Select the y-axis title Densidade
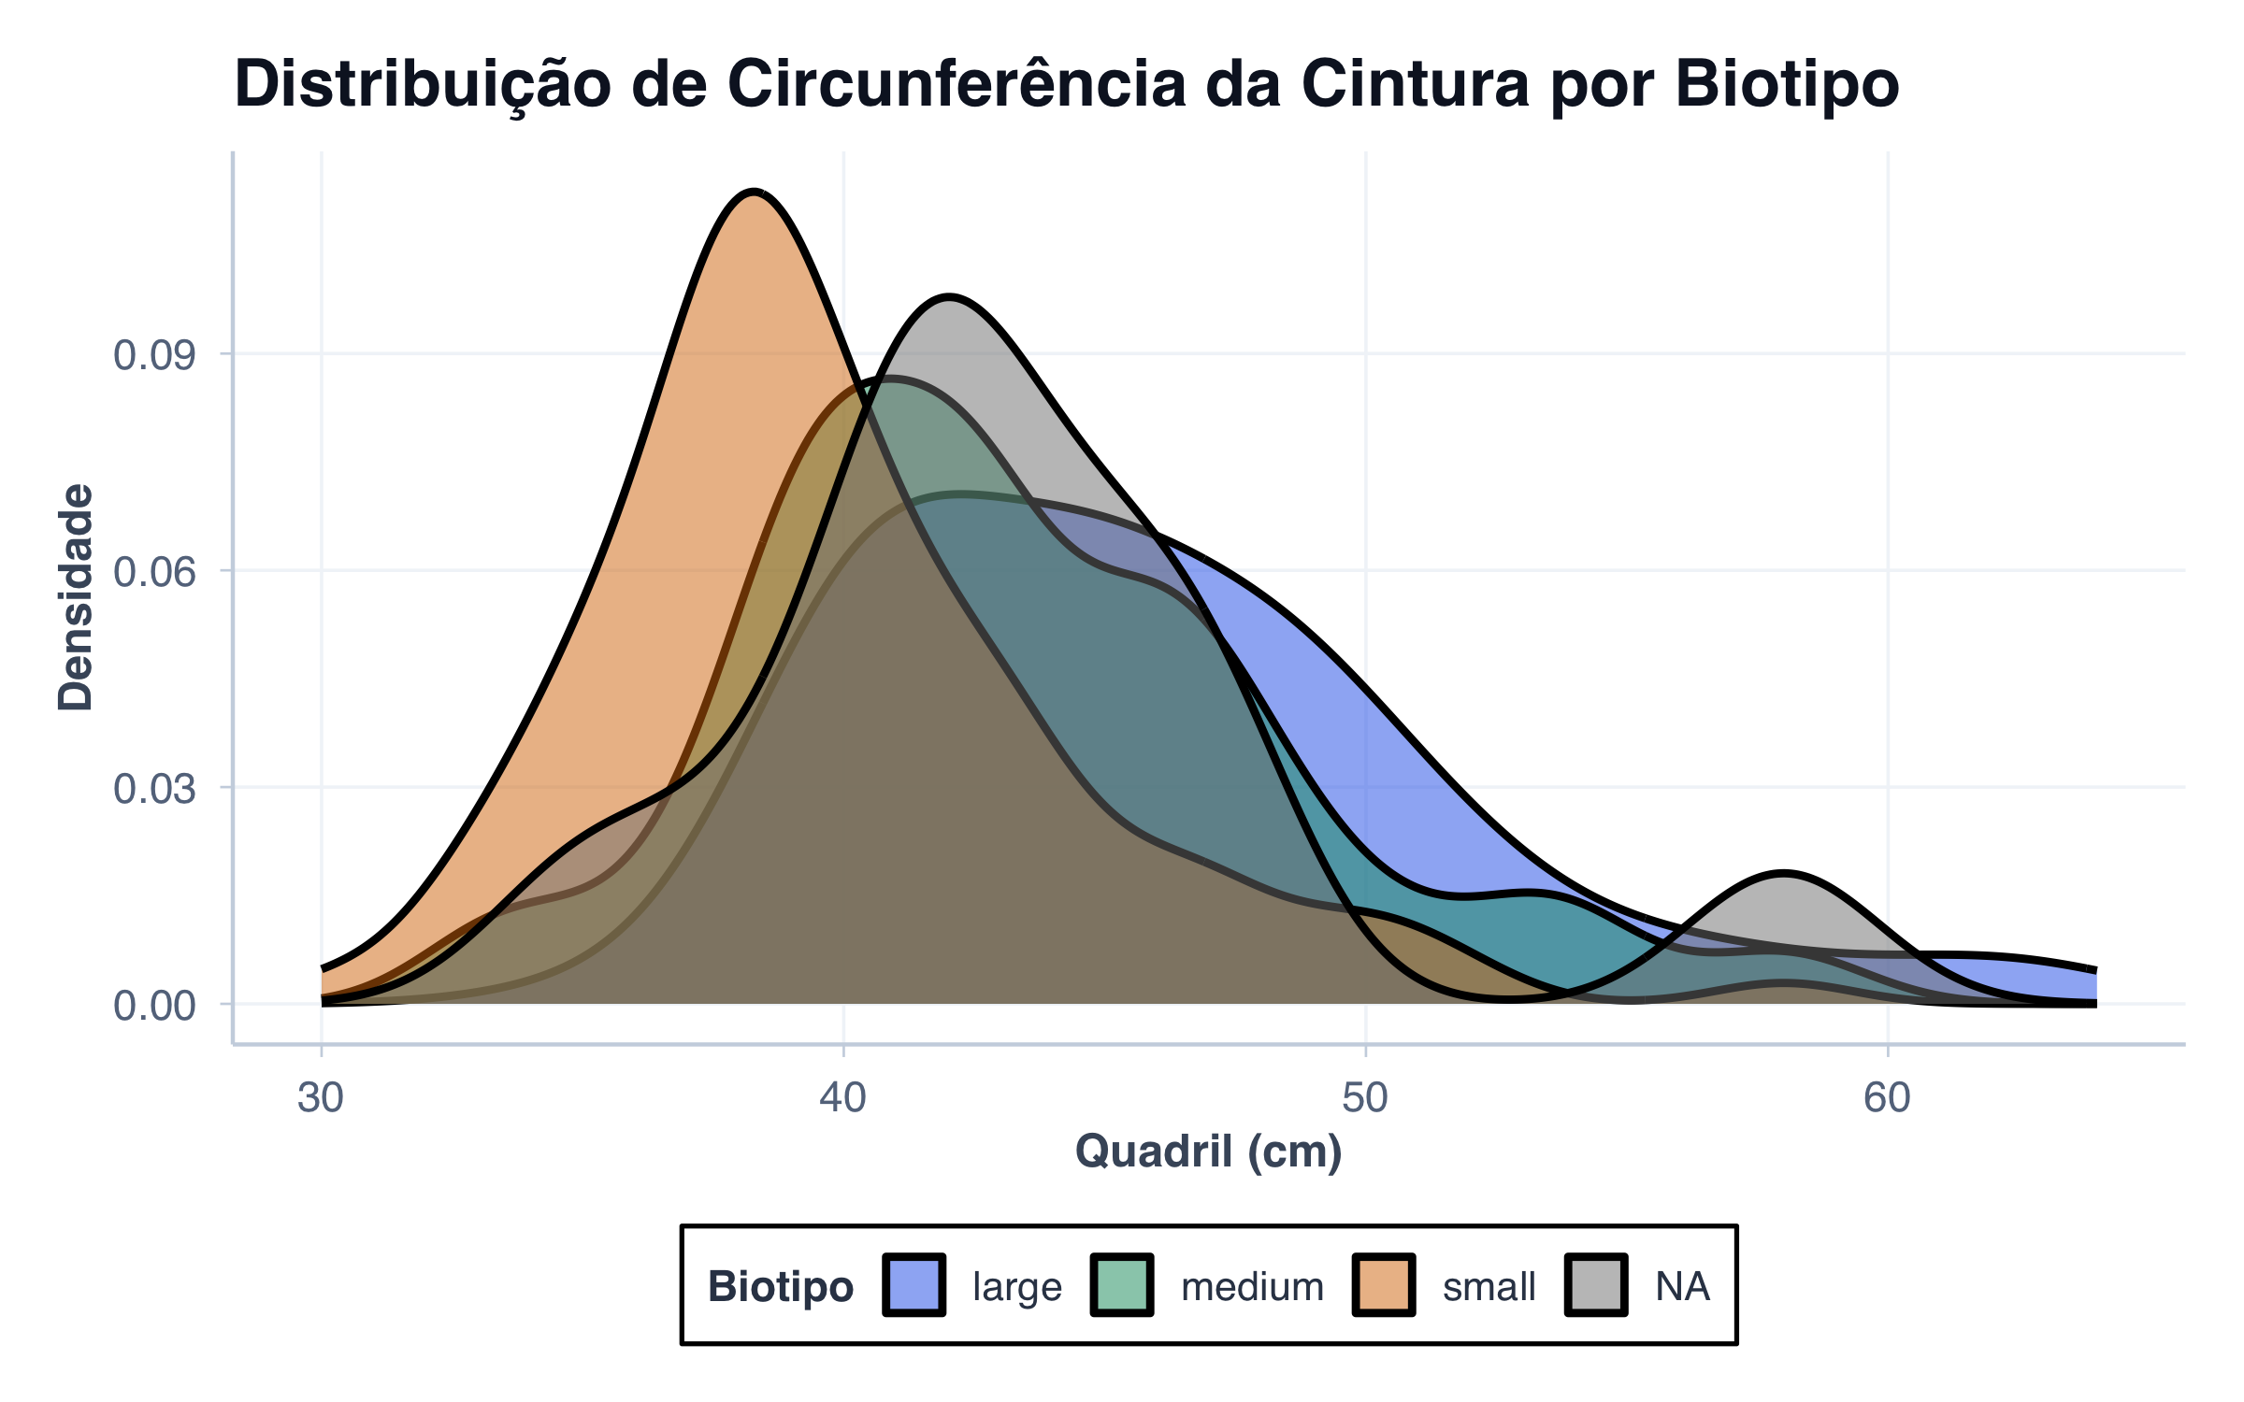(x=76, y=598)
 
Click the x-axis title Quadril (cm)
(x=1208, y=1152)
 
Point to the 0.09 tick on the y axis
(x=154, y=355)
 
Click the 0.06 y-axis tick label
(x=154, y=572)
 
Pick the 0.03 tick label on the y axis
(x=154, y=789)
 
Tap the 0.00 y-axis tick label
(x=154, y=1007)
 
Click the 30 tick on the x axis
(x=321, y=1097)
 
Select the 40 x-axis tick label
(x=843, y=1097)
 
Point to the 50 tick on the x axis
(x=1365, y=1097)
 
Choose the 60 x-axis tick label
(x=1887, y=1097)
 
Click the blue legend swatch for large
(x=913, y=1286)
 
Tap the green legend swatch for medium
(x=1122, y=1286)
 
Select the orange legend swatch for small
(x=1384, y=1286)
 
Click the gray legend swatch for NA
(x=1596, y=1286)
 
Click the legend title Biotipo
(x=781, y=1287)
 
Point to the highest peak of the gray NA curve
(x=948, y=298)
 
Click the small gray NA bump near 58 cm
(x=1784, y=875)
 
